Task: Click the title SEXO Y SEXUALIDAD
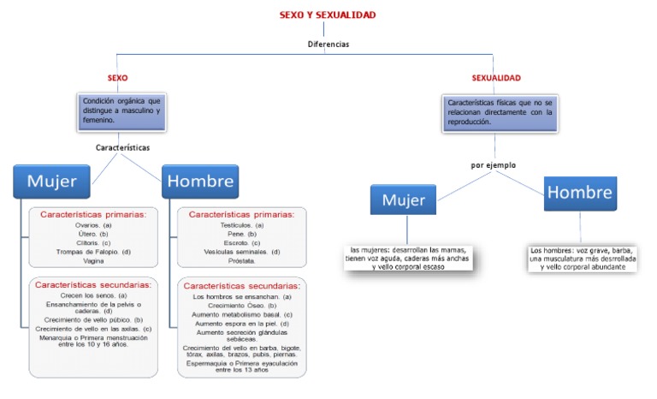click(328, 15)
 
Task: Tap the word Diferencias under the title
click(328, 43)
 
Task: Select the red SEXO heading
click(118, 78)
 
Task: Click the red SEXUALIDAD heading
click(496, 78)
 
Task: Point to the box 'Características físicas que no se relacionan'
click(500, 111)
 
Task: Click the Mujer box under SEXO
click(52, 181)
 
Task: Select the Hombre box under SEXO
click(200, 181)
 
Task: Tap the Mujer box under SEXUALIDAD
click(404, 200)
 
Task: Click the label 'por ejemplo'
click(494, 164)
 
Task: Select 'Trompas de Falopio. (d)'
click(92, 251)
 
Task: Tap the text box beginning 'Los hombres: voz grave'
click(583, 258)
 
